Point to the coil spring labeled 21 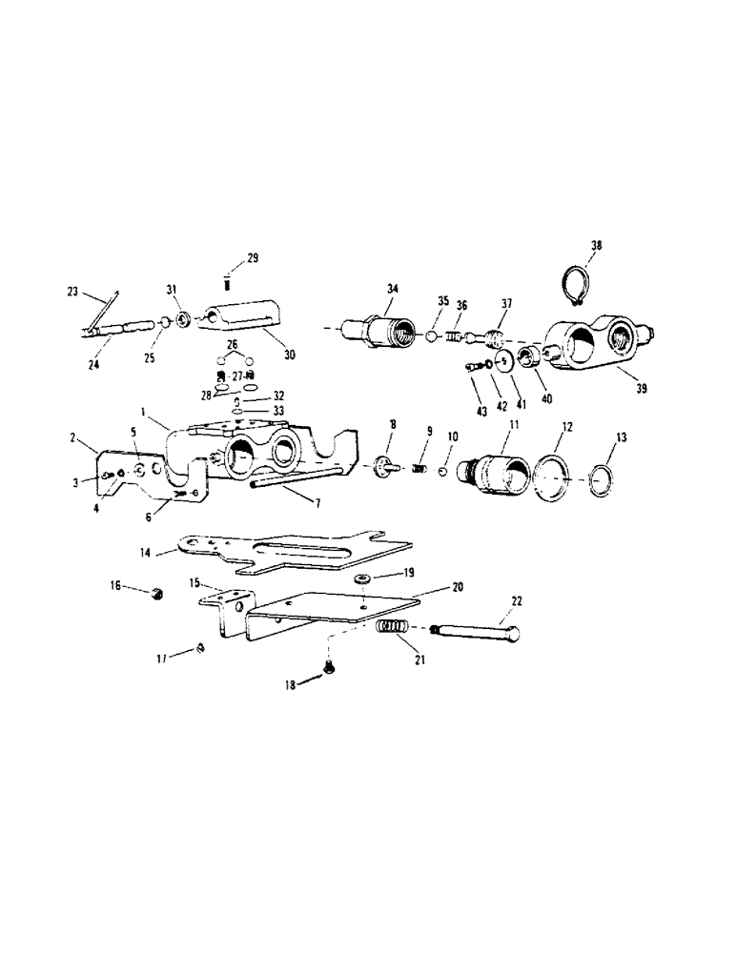393,630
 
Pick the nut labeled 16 157,594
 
